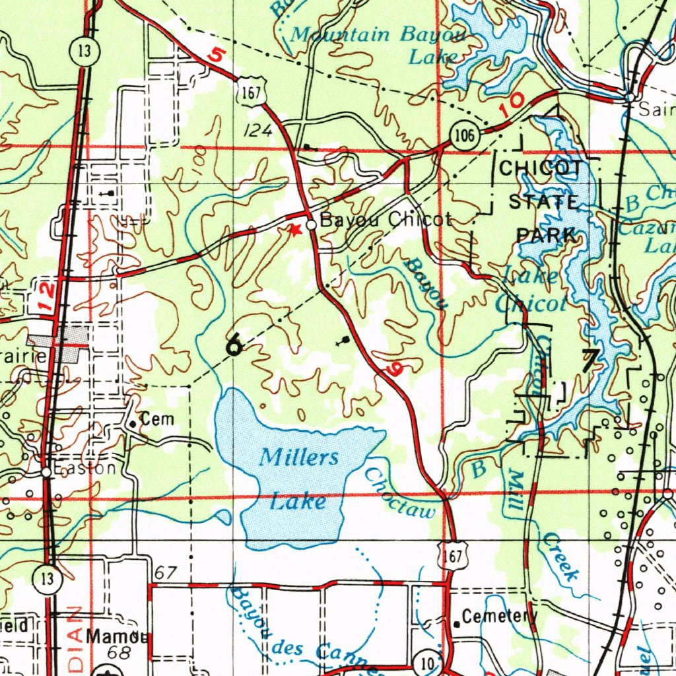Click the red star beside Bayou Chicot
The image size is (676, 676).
(296, 229)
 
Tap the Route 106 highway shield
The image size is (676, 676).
(464, 137)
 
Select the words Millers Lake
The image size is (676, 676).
(298, 479)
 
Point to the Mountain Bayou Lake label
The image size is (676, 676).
(378, 44)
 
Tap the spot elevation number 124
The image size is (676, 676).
(257, 131)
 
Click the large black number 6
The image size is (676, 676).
(233, 345)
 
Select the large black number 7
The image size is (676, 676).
(590, 360)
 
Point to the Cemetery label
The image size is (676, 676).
(500, 617)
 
